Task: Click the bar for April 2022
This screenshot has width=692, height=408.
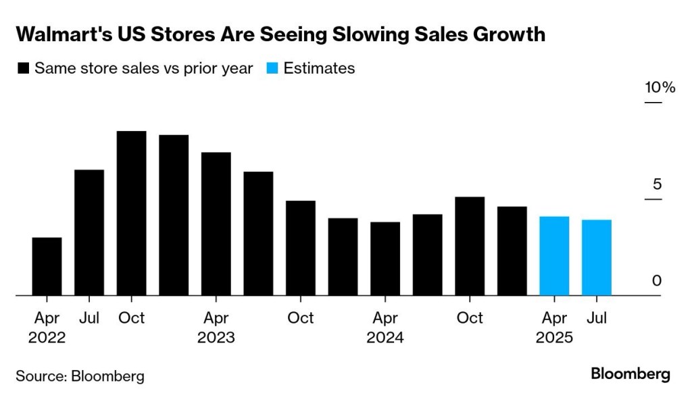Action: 47,267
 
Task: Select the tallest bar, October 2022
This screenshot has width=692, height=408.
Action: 131,213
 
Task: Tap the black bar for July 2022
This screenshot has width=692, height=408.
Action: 89,232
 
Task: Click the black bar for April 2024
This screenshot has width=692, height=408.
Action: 385,259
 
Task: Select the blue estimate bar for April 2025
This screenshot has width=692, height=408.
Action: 554,256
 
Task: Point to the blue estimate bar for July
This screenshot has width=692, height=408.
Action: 596,257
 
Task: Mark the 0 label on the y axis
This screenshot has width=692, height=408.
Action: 656,281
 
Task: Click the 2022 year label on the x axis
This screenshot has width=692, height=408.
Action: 47,337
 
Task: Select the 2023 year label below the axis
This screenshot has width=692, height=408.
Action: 216,337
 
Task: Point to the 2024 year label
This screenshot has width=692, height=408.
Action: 385,337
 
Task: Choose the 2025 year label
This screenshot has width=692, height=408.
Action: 554,337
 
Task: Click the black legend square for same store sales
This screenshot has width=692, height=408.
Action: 24,68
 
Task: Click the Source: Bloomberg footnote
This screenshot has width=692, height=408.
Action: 80,376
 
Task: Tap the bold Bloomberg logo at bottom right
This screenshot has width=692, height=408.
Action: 630,374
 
